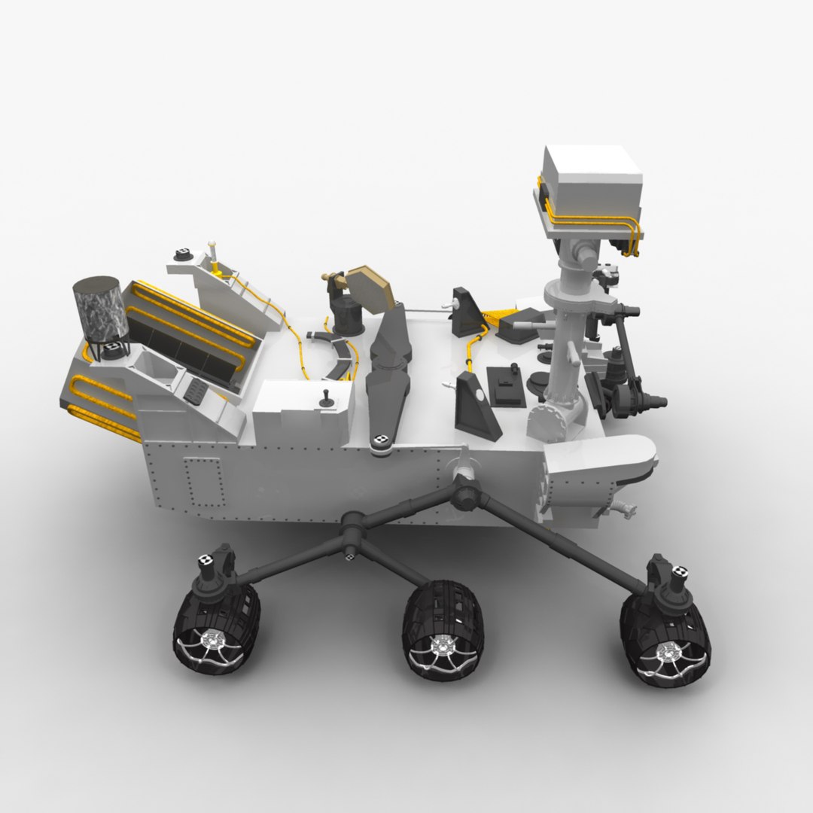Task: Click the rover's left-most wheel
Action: [x=216, y=625]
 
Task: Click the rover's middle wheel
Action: [x=443, y=629]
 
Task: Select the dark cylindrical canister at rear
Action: [x=99, y=309]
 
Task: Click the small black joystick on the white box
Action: [x=327, y=398]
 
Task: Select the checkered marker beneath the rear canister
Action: [x=113, y=348]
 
